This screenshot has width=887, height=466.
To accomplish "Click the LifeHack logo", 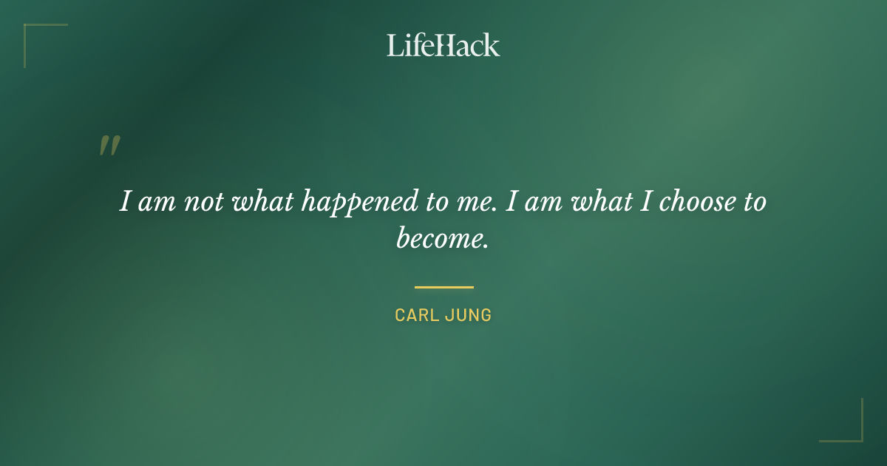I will tap(443, 45).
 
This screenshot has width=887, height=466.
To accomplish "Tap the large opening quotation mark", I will tap(109, 146).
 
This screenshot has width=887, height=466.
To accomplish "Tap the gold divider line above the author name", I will tap(443, 287).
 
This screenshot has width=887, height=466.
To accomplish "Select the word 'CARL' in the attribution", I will tap(418, 315).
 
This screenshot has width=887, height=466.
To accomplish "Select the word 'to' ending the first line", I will tap(753, 202).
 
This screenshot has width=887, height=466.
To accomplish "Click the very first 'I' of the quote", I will tap(125, 202).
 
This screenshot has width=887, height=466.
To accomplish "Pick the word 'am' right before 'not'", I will tap(156, 202).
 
